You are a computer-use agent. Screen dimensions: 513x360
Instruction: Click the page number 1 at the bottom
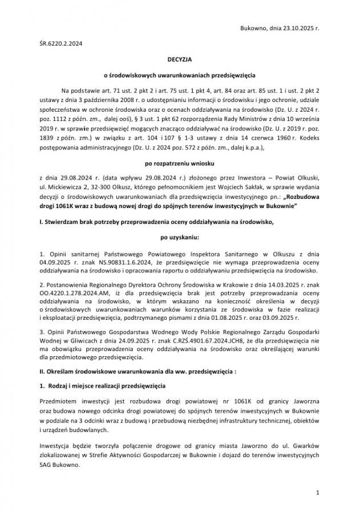317,491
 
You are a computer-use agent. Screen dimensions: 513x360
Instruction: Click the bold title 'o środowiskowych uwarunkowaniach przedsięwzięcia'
180,75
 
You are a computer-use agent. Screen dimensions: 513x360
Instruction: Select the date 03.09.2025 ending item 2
302,317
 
